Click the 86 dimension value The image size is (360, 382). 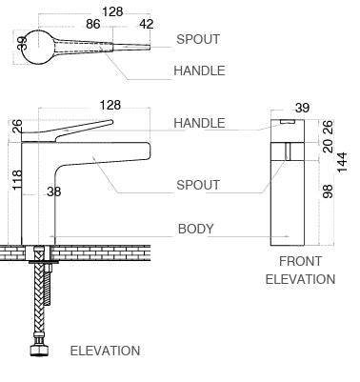pyautogui.click(x=93, y=26)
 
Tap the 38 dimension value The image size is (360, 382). pyautogui.click(x=53, y=191)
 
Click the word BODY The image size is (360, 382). pyautogui.click(x=196, y=229)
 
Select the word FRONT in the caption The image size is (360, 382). pyautogui.click(x=300, y=261)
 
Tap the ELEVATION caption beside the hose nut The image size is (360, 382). pyautogui.click(x=105, y=351)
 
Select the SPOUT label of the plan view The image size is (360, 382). pyautogui.click(x=198, y=40)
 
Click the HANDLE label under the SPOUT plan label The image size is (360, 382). pyautogui.click(x=199, y=70)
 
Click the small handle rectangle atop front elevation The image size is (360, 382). pyautogui.click(x=287, y=125)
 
